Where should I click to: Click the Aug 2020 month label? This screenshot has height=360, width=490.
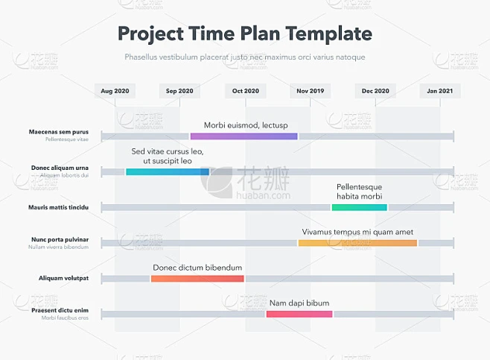click(x=115, y=91)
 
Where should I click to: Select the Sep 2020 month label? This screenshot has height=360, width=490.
click(x=179, y=91)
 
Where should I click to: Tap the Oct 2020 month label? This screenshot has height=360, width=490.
click(x=246, y=91)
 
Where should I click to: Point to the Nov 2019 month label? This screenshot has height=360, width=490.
click(x=311, y=91)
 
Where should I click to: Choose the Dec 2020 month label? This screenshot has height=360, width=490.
click(x=375, y=91)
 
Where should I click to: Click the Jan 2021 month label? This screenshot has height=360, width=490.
click(x=440, y=91)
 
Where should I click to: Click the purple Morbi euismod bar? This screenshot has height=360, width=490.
click(x=244, y=136)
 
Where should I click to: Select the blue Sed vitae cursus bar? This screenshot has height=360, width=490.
click(x=168, y=171)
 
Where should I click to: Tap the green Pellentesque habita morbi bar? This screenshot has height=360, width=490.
click(x=359, y=207)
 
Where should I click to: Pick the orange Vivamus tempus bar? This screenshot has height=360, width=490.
click(x=357, y=243)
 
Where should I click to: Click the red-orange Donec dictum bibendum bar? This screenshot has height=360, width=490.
click(x=197, y=279)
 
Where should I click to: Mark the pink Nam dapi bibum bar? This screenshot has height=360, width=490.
click(x=299, y=314)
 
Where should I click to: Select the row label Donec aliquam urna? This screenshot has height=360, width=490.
click(x=60, y=168)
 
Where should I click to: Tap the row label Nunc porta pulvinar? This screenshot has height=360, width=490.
click(x=60, y=239)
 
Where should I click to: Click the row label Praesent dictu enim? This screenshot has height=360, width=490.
click(x=60, y=310)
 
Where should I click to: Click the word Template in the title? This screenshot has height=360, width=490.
click(x=325, y=34)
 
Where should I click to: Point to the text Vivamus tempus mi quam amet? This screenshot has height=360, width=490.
click(x=357, y=232)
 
